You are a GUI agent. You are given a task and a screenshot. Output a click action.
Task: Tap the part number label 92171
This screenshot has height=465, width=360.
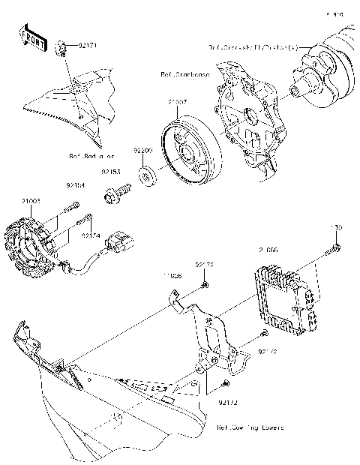(88, 46)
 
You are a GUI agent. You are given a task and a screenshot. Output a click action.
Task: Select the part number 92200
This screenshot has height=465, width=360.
(143, 150)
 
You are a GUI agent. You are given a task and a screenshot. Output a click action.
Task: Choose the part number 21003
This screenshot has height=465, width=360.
(31, 201)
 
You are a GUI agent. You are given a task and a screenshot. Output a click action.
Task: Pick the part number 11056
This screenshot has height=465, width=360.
(172, 275)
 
